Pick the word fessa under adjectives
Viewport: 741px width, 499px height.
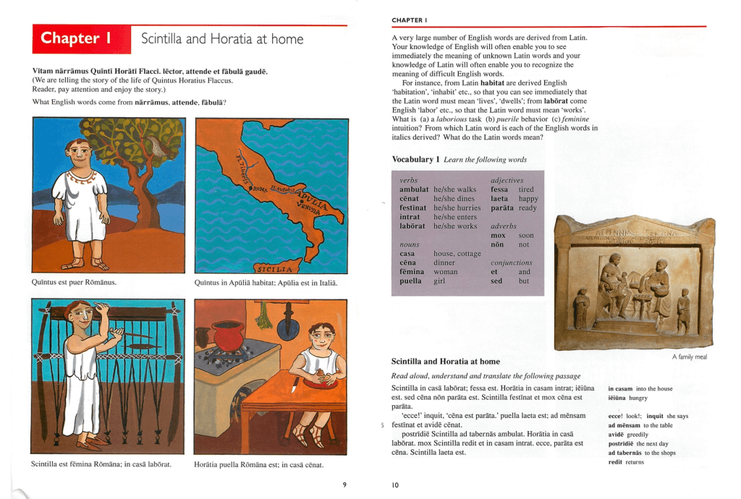499,189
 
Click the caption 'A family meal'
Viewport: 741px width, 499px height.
689,357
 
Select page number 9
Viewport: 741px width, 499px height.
344,484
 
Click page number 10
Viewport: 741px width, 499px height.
395,485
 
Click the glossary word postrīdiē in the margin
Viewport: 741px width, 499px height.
622,443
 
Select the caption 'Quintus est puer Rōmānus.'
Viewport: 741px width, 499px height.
74,282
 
